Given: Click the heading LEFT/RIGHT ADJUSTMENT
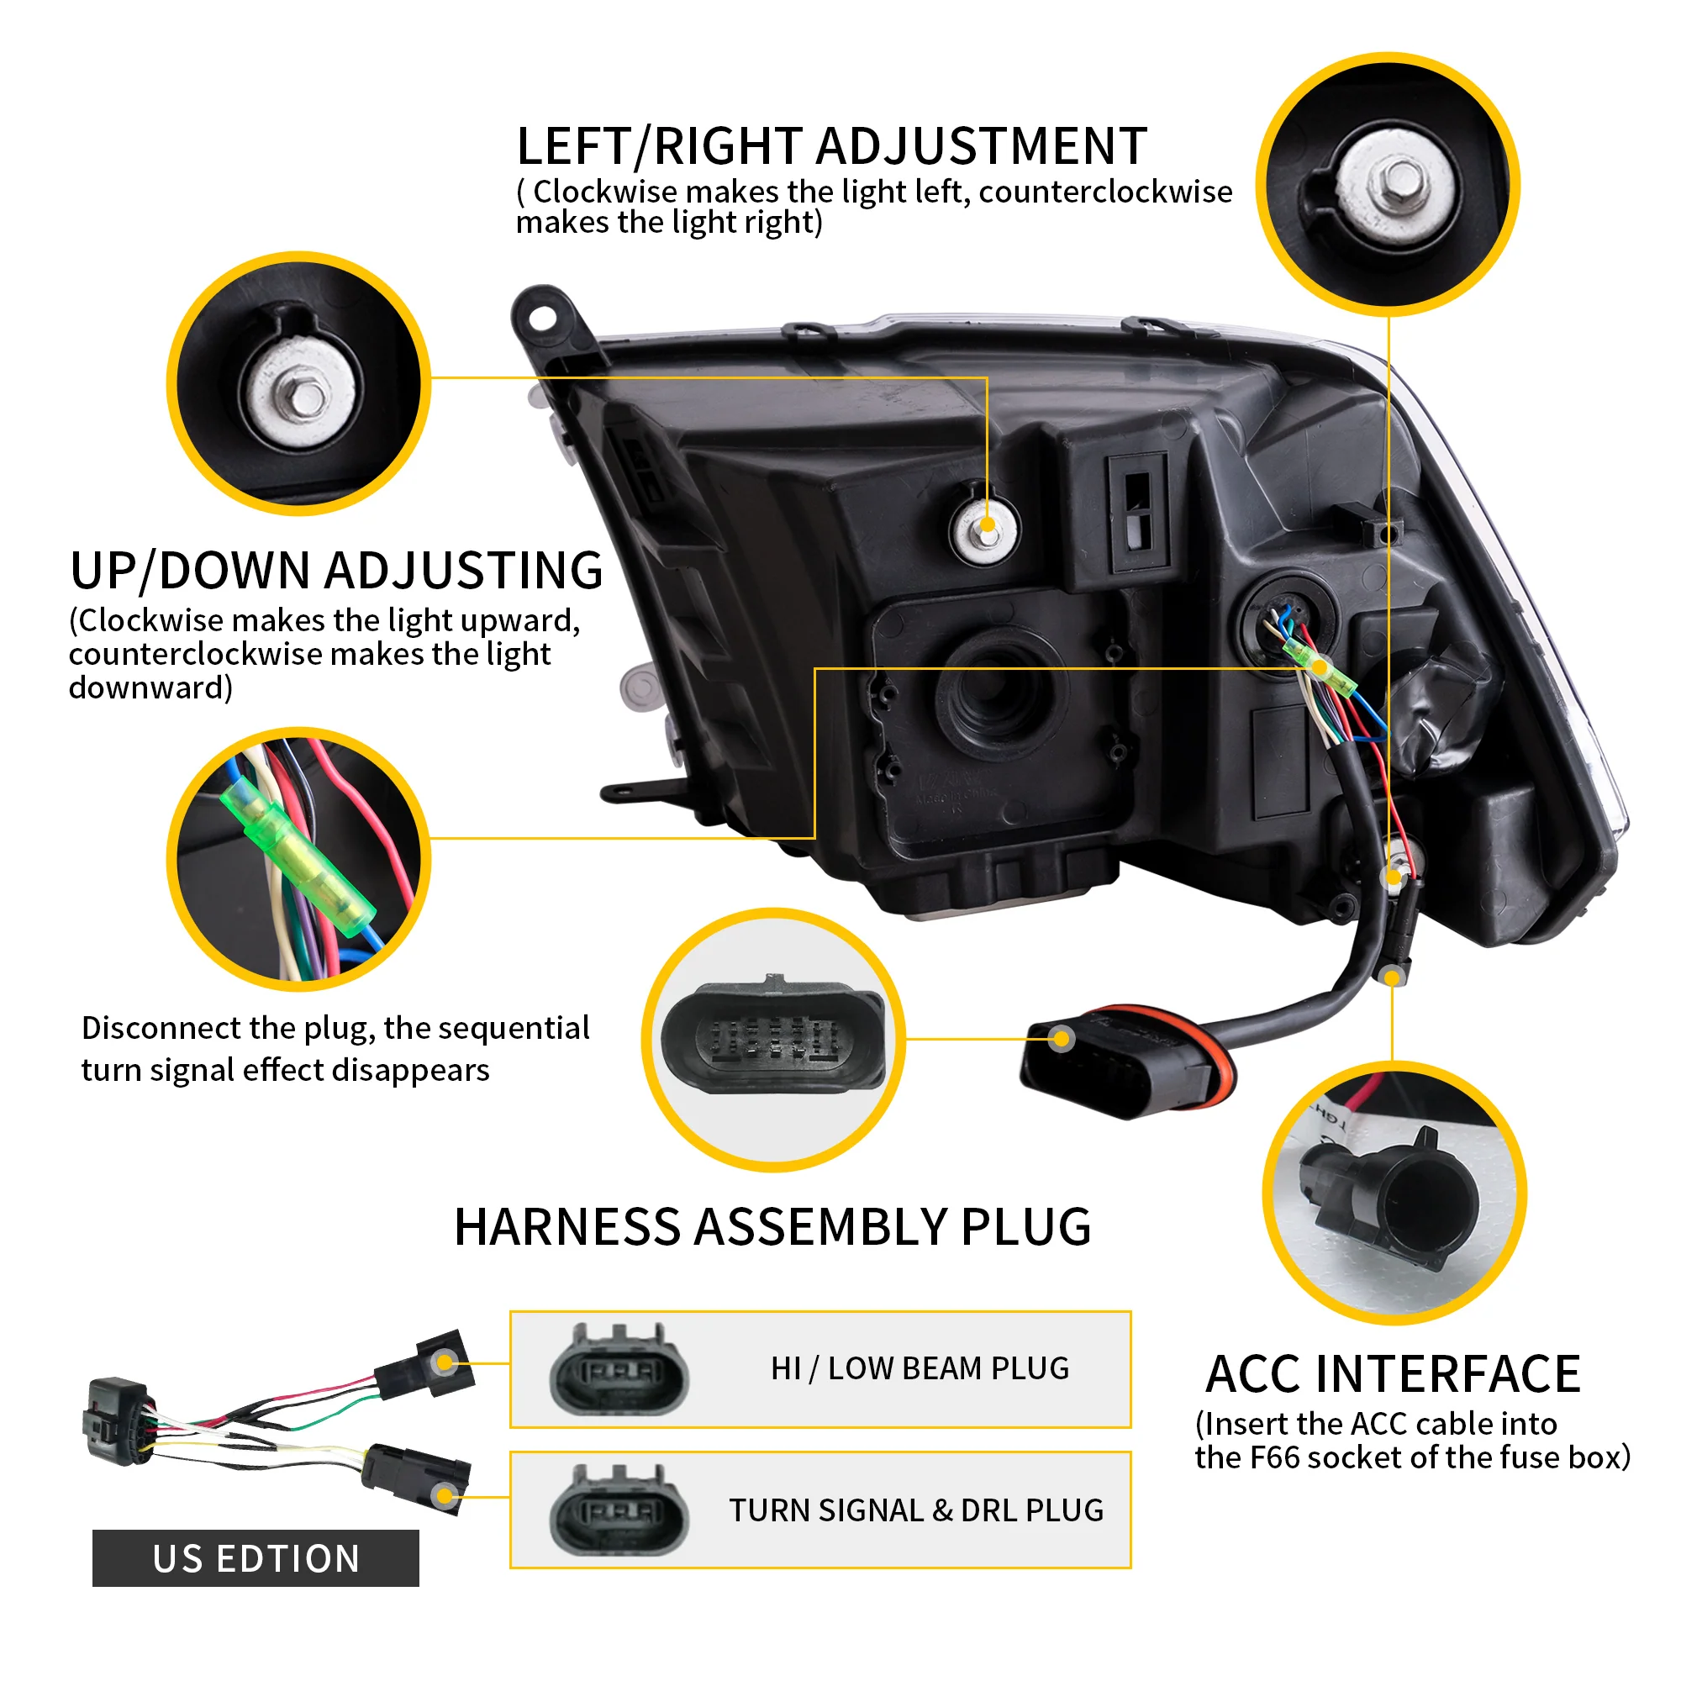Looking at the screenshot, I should pyautogui.click(x=831, y=146).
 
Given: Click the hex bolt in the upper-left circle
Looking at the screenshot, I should pyautogui.click(x=305, y=398).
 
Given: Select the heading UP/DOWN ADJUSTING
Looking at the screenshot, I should pyautogui.click(x=337, y=572).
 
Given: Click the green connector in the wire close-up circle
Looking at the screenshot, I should pyautogui.click(x=296, y=857).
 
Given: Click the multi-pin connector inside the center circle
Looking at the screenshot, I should pyautogui.click(x=772, y=1037).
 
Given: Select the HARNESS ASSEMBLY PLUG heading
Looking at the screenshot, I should pyautogui.click(x=772, y=1228).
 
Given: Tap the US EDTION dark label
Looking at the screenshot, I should pyautogui.click(x=256, y=1558).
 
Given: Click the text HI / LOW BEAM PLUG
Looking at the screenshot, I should pyautogui.click(x=920, y=1368).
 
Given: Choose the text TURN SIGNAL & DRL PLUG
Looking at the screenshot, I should pyautogui.click(x=916, y=1510).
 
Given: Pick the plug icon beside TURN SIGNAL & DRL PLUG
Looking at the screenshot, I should pyautogui.click(x=619, y=1512).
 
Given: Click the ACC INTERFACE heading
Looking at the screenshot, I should pyautogui.click(x=1393, y=1375).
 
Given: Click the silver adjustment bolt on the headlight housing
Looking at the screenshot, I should pyautogui.click(x=986, y=527).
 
